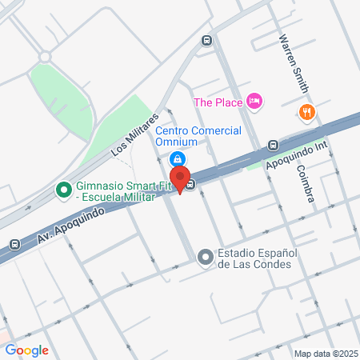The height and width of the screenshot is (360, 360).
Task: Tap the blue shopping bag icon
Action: click(182, 158)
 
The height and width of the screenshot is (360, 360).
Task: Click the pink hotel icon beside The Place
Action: click(254, 101)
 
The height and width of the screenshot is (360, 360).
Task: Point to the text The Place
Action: click(218, 102)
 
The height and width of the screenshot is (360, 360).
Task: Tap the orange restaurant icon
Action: click(305, 111)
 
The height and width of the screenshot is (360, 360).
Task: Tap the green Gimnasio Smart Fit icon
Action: click(61, 190)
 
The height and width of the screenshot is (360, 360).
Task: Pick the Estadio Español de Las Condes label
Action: click(258, 258)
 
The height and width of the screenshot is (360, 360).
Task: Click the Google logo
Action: click(27, 350)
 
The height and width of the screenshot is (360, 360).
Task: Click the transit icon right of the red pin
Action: click(192, 186)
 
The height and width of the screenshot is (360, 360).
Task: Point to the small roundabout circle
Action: click(45, 56)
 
